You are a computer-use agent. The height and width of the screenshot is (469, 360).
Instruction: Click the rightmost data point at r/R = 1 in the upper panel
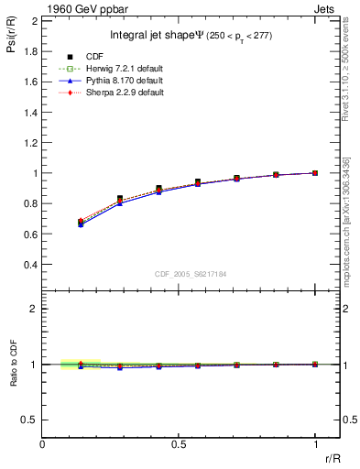(315, 172)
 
